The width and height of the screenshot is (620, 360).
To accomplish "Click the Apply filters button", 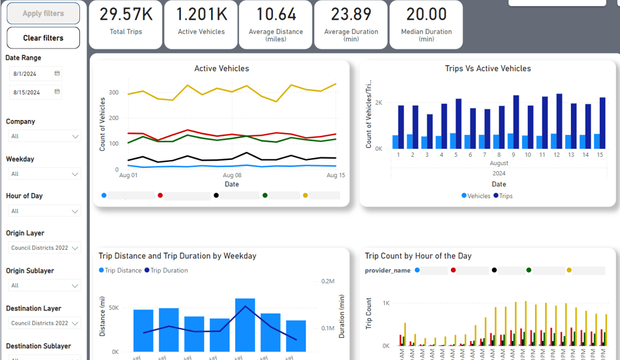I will (x=43, y=14).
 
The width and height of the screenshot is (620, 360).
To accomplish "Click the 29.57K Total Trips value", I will (x=125, y=14).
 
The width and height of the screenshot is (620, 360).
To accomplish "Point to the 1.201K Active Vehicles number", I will (x=201, y=14).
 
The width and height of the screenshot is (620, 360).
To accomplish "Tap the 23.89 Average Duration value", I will (x=351, y=14).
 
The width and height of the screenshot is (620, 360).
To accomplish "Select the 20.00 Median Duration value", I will (x=426, y=14).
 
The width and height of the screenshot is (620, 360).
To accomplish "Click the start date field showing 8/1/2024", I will (x=31, y=74).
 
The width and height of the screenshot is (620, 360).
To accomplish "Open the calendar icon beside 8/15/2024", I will (x=57, y=92).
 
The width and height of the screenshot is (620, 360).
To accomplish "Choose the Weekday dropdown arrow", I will (x=75, y=174).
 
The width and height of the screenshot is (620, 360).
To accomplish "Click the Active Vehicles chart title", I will (x=221, y=69).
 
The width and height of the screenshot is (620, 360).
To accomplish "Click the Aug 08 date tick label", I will (x=232, y=175).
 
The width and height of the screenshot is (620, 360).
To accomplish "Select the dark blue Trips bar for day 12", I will (x=558, y=121).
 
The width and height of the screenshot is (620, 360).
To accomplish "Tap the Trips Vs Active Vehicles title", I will (x=488, y=69).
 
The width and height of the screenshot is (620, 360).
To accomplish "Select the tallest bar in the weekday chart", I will (x=245, y=325).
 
